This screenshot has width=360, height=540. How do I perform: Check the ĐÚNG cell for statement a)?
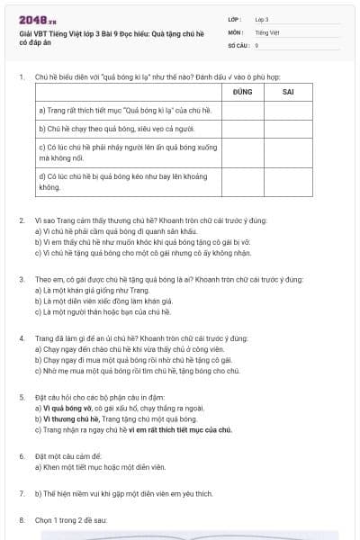point(241,110)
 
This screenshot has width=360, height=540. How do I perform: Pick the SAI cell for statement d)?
point(288,182)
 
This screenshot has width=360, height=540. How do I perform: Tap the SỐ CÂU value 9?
point(256,44)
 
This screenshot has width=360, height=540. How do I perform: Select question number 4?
point(22,337)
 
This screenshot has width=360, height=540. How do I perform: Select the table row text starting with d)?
point(121,182)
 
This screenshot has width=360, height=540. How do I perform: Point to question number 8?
point(22,519)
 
